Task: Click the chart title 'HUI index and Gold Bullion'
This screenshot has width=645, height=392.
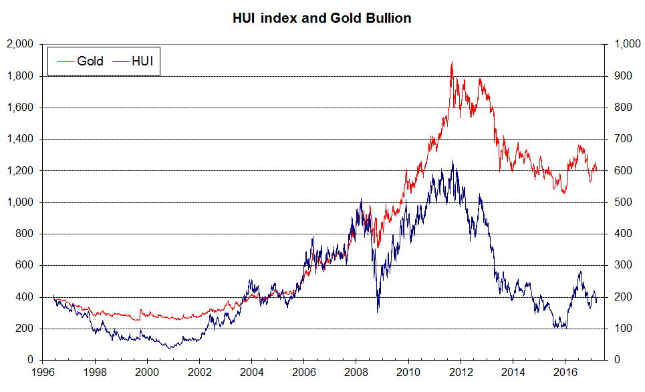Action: [321, 18]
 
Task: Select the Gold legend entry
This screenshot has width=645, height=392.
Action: [78, 61]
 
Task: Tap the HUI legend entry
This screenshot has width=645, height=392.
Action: [130, 61]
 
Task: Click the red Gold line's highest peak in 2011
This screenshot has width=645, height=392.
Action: [453, 61]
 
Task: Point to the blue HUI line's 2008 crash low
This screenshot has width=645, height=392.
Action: [378, 312]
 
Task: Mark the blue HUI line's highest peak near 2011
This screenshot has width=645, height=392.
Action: [453, 160]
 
